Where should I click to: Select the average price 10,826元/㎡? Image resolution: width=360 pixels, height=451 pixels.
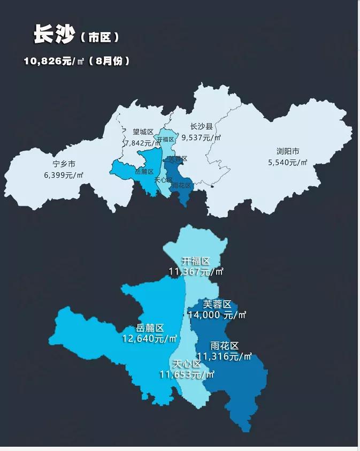point(53,62)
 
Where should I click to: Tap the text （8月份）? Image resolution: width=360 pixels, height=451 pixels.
point(110,62)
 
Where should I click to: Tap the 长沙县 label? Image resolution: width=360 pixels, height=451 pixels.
point(201,127)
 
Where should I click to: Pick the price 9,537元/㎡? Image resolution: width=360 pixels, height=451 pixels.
point(201,137)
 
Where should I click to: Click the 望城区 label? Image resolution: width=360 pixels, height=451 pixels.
point(143,132)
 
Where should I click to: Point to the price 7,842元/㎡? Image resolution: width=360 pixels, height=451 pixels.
point(143,143)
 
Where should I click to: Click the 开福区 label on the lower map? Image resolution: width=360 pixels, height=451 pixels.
point(196,261)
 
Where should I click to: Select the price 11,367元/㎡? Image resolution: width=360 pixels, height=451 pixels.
point(196,272)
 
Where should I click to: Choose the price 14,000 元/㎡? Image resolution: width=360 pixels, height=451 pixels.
point(217,315)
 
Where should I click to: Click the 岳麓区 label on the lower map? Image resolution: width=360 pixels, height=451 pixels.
point(150,328)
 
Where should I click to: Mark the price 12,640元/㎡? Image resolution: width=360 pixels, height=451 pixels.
point(150,339)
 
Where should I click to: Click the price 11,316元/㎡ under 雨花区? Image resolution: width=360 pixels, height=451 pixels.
point(224,356)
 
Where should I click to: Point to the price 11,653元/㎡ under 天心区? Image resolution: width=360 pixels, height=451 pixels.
point(187,374)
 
